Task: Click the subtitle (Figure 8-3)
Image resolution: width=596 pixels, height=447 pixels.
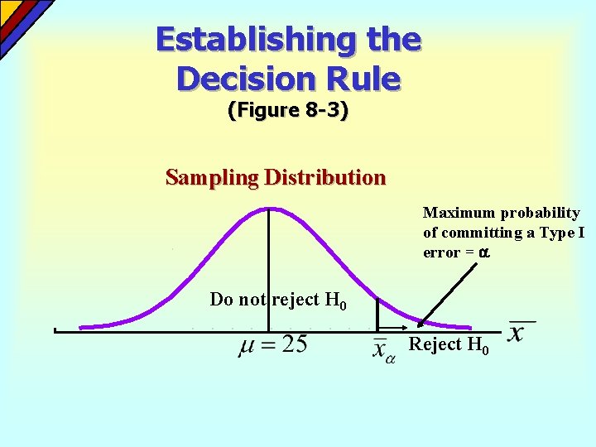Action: (x=287, y=110)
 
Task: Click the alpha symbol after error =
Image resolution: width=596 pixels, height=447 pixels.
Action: (x=484, y=252)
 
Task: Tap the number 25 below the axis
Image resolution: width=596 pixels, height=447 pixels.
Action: (x=294, y=345)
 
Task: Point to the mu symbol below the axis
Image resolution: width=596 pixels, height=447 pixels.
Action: (x=247, y=347)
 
